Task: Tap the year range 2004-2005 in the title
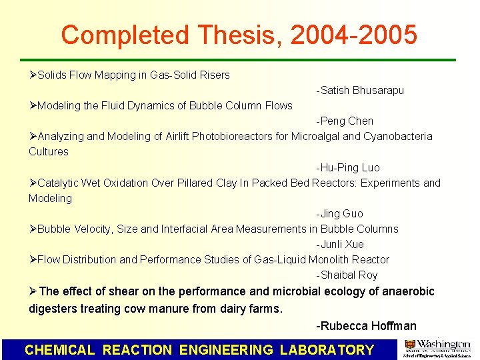[x=356, y=35]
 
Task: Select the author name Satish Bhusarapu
[x=362, y=90]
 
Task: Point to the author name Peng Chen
[x=347, y=121]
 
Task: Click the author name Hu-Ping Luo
[x=350, y=167]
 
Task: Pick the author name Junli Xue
[x=342, y=244]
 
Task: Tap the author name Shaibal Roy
[x=349, y=275]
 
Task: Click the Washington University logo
[x=437, y=349]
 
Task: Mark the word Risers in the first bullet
[x=214, y=75]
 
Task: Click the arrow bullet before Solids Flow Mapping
[x=33, y=75]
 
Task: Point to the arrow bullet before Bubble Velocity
[x=33, y=229]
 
